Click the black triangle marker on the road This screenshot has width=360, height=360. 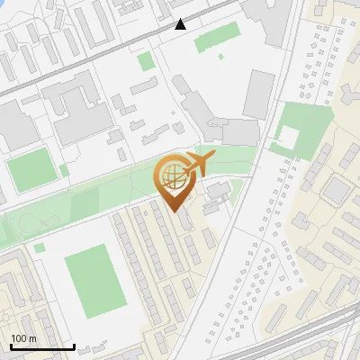click(181, 24)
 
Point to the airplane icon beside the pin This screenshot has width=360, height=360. click(199, 165)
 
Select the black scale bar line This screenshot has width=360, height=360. click(42, 346)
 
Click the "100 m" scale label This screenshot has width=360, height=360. click(24, 338)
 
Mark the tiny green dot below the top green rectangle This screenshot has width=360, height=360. click(220, 57)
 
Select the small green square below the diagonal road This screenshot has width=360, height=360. click(145, 61)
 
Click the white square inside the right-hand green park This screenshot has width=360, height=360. click(288, 138)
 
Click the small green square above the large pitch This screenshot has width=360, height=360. click(39, 247)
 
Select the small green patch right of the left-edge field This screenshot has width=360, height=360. click(65, 169)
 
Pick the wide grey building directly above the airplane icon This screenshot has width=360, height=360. click(239, 132)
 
